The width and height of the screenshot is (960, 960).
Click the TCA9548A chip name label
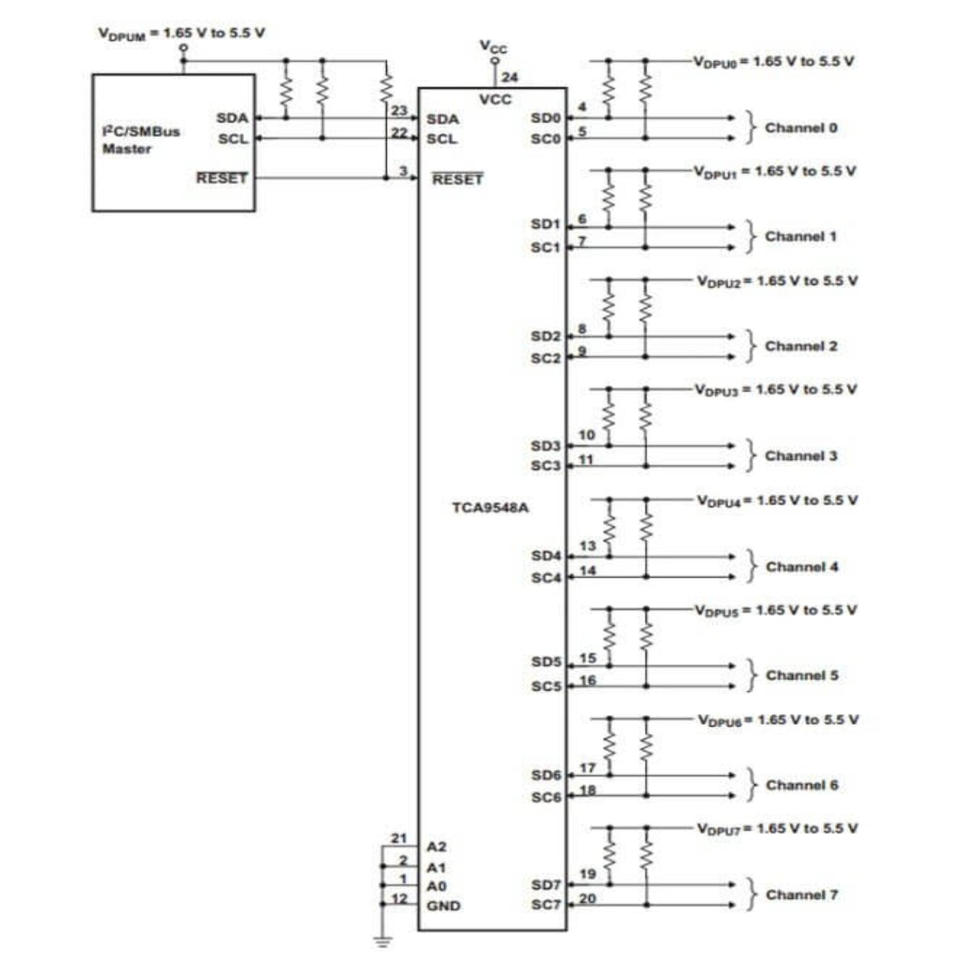pos(490,508)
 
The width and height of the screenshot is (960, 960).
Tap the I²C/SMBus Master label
pos(141,140)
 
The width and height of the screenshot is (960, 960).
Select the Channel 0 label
pos(801,128)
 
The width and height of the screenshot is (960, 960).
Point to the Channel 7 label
pos(801,894)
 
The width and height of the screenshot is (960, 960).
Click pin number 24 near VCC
pos(510,77)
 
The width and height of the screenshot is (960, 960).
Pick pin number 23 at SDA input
pos(399,110)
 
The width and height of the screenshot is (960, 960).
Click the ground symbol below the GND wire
pos(382,941)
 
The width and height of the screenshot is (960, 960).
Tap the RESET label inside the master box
pos(222,178)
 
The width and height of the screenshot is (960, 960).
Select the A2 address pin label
pos(436,847)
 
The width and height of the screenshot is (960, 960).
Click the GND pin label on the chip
pos(443,906)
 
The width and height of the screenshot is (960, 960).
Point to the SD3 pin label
pos(545,446)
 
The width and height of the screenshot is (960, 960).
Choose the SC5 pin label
pos(546,686)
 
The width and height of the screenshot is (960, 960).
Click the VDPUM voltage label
pos(181,33)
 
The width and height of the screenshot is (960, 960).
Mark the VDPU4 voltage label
pos(777,501)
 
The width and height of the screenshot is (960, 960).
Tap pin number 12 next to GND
pos(399,898)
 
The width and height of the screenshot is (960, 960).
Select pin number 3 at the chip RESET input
pos(403,171)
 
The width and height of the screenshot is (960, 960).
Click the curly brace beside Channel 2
pos(751,346)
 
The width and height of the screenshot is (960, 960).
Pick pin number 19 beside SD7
pos(587,874)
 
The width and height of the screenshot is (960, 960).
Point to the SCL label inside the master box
pos(233,139)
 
